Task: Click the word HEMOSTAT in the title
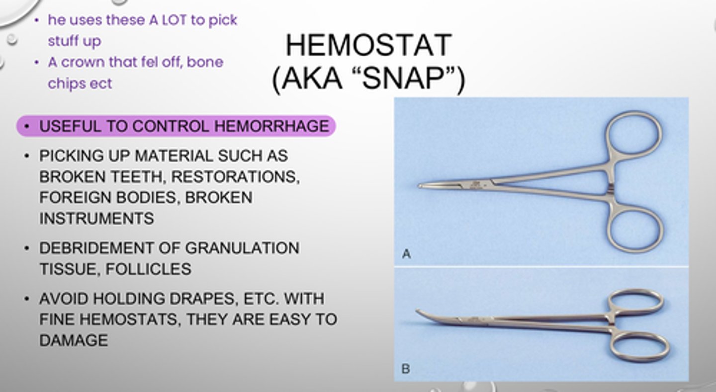[x=368, y=45]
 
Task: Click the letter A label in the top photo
[x=406, y=254]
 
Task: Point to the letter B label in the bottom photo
[x=406, y=369]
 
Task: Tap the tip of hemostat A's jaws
[x=421, y=186]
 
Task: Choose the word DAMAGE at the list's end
[x=74, y=340]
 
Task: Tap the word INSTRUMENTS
[x=96, y=218]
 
